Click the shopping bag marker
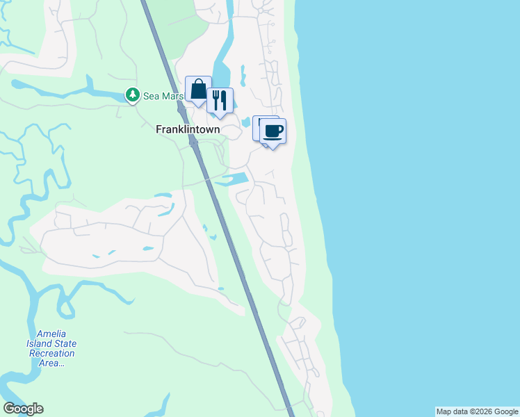point(198,90)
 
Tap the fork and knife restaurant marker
point(220,101)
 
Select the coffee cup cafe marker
point(273,131)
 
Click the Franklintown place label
point(188,129)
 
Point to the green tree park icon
point(132,95)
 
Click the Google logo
point(23,409)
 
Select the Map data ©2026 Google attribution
point(477,411)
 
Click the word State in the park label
point(67,344)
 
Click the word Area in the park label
point(49,363)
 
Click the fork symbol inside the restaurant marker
point(216,99)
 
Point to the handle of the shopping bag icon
point(198,83)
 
